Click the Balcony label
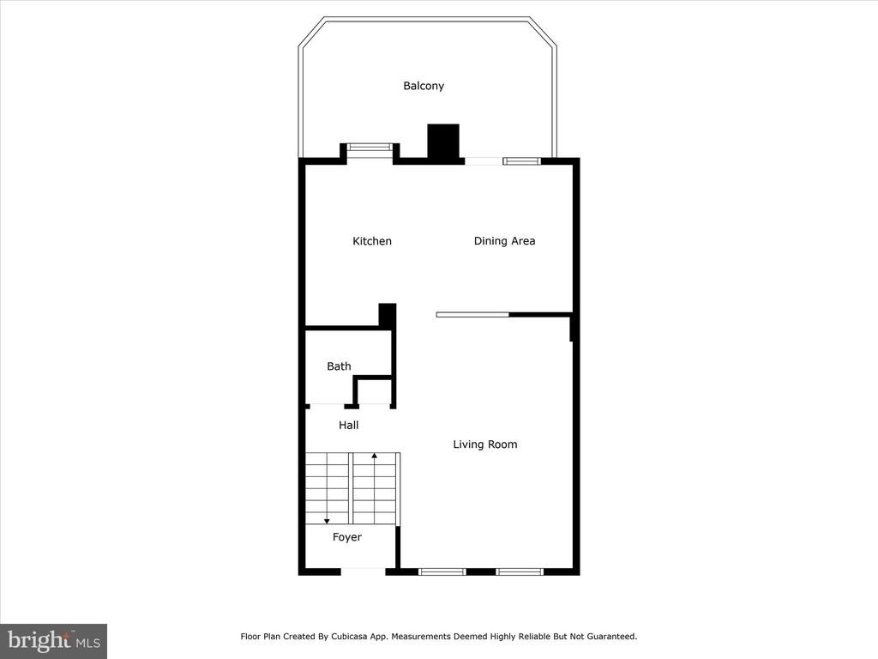tap(424, 86)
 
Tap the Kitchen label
tap(372, 241)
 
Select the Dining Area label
tap(504, 241)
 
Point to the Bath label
tap(339, 366)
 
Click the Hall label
tap(348, 426)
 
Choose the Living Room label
tap(485, 444)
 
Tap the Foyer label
tap(346, 537)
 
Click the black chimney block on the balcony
tap(443, 142)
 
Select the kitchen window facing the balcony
tap(370, 148)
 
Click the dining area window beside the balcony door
tap(521, 161)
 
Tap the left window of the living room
tap(442, 571)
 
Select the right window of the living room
tap(520, 571)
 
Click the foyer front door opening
tap(363, 571)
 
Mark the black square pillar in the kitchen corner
tap(388, 314)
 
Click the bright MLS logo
tap(54, 640)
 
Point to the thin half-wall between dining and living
tap(472, 314)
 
